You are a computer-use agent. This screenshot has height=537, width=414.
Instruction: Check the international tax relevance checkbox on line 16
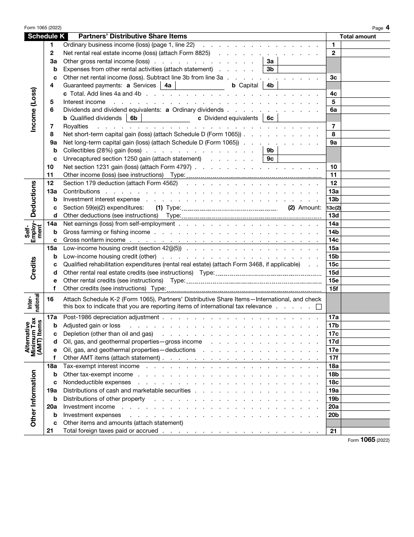[x=319, y=306]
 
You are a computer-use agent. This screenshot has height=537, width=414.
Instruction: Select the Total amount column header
[x=358, y=37]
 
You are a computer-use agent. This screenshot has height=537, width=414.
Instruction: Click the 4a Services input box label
[x=168, y=86]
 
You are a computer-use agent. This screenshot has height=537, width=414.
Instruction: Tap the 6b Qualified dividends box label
[x=134, y=118]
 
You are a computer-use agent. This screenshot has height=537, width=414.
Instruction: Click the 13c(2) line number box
[x=333, y=208]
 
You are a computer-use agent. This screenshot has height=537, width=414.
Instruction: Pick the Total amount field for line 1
[x=365, y=45]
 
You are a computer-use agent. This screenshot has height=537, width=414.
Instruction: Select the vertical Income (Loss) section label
[x=34, y=110]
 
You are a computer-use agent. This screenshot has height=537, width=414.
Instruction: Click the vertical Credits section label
[x=34, y=268]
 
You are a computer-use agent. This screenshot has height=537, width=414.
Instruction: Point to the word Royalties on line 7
[x=76, y=127]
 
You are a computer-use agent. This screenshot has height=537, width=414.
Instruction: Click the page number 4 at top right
[x=387, y=28]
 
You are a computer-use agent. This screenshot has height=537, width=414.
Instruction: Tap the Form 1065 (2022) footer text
[x=368, y=440]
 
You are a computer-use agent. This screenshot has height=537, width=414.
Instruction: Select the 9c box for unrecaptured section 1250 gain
[x=270, y=159]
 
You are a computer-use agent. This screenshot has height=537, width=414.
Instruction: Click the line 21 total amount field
[x=365, y=431]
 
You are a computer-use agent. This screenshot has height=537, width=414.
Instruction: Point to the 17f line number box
[x=333, y=358]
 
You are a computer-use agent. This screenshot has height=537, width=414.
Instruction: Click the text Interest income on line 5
[x=84, y=102]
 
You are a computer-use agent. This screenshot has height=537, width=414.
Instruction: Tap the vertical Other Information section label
[x=34, y=398]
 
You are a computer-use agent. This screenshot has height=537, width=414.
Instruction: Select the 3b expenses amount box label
[x=270, y=69]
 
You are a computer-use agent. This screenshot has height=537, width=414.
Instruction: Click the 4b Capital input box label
[x=270, y=86]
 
